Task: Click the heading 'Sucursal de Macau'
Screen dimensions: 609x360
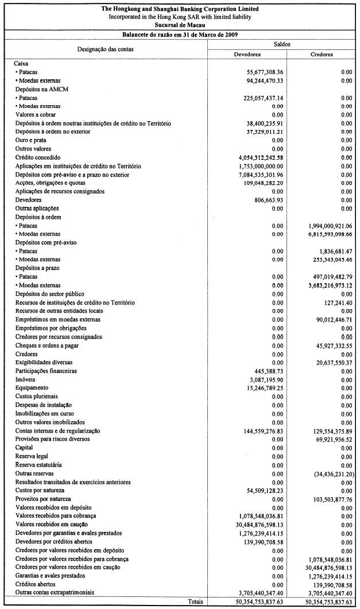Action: (180, 25)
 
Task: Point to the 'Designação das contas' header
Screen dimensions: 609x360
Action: (106, 49)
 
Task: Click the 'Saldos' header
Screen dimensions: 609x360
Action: (281, 44)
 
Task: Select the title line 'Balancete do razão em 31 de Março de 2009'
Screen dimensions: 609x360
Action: (180, 35)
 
